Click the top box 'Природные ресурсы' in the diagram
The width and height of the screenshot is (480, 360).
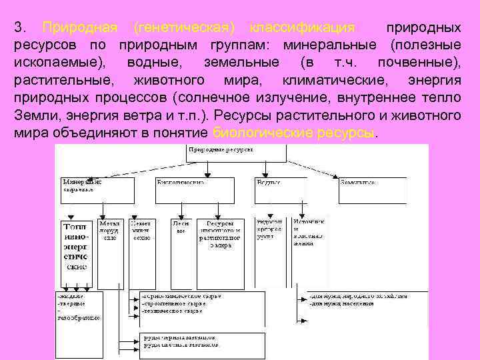tap(236, 153)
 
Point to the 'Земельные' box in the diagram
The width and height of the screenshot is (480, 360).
tap(372, 189)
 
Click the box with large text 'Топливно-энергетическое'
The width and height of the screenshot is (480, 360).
tap(76, 246)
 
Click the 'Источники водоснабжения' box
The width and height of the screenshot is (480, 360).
tap(307, 230)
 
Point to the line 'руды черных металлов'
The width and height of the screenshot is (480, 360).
tap(179, 337)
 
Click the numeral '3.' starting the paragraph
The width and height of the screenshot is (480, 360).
tap(20, 28)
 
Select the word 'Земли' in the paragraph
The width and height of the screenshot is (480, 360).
tap(31, 115)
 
